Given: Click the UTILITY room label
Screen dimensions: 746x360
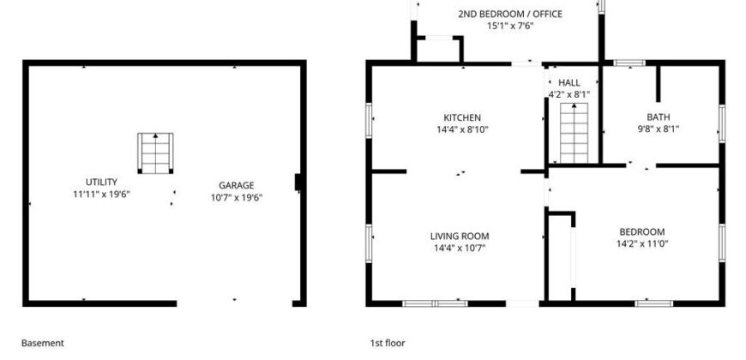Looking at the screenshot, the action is coord(101,182).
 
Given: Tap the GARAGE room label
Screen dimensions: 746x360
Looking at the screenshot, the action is coord(237,185).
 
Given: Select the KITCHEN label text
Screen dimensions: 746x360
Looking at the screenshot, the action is coord(462,117).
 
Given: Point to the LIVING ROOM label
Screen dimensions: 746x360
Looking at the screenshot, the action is coord(460,236).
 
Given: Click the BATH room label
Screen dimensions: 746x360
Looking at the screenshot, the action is coord(658,117).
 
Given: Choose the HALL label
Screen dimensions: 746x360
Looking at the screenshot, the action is coord(569,83).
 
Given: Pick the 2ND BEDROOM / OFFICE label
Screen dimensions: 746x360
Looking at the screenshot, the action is coord(510,14).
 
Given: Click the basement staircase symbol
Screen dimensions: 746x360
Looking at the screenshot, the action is coord(155,153).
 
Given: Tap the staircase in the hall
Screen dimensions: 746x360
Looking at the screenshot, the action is coord(574,133).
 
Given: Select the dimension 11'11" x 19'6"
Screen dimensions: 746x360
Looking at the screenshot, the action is coord(101,194).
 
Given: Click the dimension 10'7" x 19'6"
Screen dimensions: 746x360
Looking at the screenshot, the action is coord(237,197).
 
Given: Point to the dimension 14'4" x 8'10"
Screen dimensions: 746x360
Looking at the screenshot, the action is coord(462,129).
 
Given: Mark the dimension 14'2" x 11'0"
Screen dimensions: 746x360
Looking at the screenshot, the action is coord(641,244).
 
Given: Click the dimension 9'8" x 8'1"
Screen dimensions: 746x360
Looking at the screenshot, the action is coord(658,129).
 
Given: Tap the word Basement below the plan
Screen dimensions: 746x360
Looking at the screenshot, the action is coord(42,343).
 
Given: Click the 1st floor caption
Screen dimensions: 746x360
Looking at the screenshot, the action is coord(388,343).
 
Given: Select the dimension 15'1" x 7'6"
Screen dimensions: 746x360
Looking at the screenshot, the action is coord(510,26).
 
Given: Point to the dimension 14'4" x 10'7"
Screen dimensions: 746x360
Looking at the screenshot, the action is coord(460,248).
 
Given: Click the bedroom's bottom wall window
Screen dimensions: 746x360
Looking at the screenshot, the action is coord(654,303).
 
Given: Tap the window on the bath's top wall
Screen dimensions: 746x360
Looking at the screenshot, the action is coord(629,63).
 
